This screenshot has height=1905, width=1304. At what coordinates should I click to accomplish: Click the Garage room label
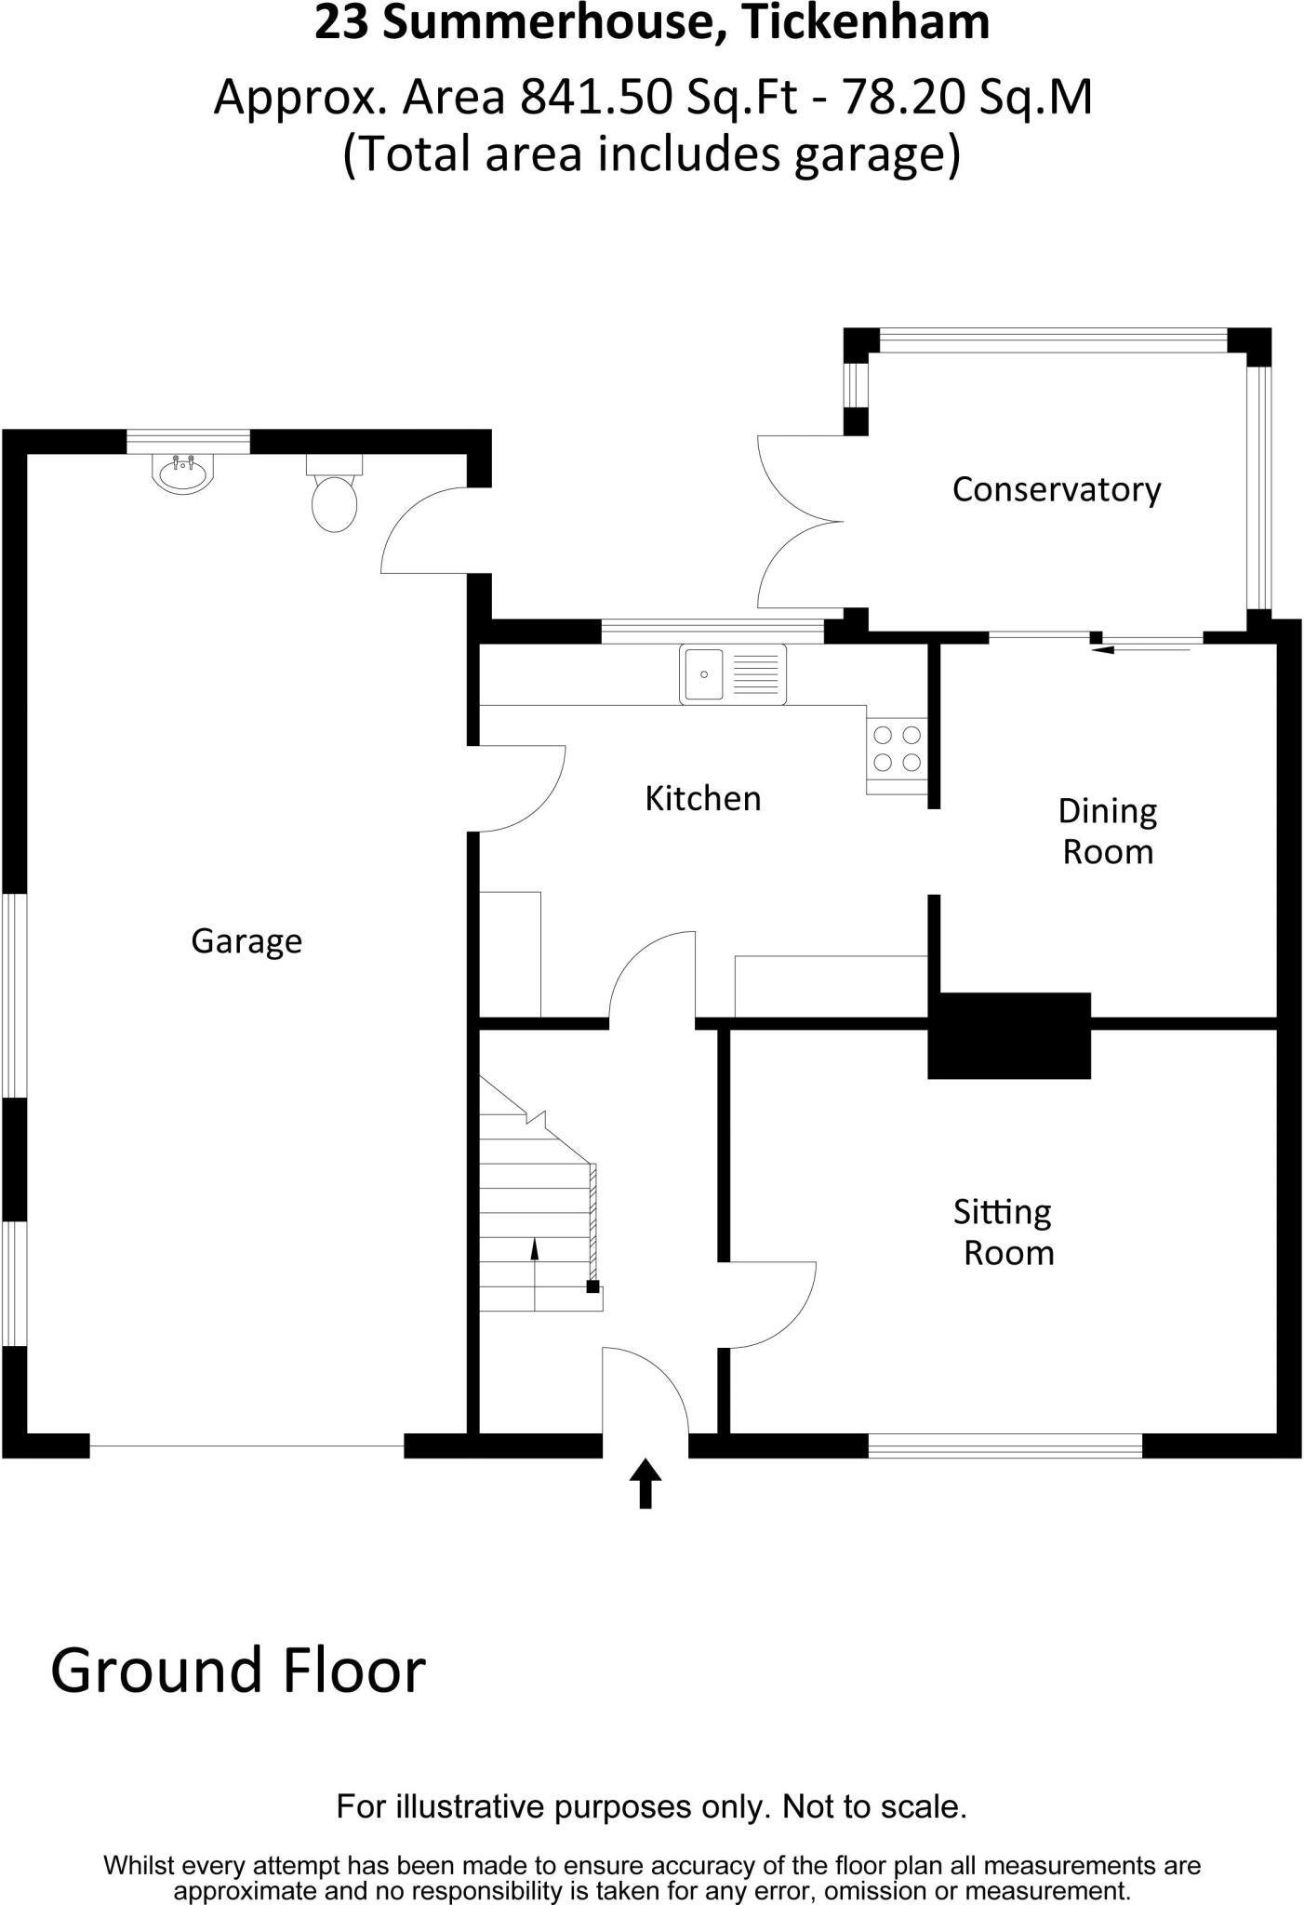coord(246,941)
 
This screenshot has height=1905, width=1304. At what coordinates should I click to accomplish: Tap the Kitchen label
coord(703,799)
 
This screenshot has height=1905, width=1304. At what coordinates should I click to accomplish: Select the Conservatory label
coord(1057,490)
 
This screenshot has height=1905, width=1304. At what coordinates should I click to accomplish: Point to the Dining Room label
coord(1108,832)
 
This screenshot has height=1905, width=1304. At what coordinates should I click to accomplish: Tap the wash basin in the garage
coord(183,473)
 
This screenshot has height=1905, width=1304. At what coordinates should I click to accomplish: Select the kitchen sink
coord(732,674)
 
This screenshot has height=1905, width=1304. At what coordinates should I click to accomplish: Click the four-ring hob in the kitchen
coord(898,750)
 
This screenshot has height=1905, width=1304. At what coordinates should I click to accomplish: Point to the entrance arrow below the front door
coord(645,1483)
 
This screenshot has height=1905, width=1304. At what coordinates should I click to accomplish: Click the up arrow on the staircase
coord(535,1250)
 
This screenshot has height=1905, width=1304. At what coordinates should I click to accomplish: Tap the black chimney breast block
coord(1009,1035)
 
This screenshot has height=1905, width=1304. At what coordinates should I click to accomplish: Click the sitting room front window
coord(1005,1445)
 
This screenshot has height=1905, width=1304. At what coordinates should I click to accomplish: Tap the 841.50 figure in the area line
coord(594,97)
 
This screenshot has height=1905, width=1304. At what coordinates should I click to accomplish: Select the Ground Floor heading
coord(238,1671)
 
